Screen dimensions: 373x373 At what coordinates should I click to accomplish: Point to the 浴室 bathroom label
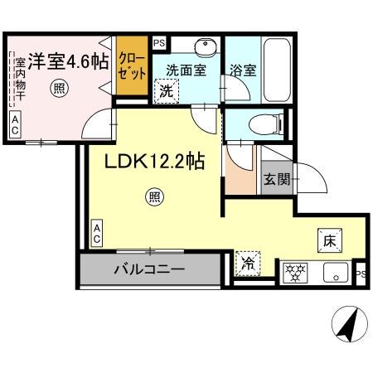pos(244,71)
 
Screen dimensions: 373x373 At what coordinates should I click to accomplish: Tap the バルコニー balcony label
pos(150,269)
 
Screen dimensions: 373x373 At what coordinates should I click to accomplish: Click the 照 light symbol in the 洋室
pos(59,87)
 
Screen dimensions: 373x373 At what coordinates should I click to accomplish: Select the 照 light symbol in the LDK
pos(154,196)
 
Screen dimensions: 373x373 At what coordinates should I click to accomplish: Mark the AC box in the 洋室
pos(15,124)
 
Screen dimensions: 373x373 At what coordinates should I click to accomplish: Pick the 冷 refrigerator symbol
pos(247,265)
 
